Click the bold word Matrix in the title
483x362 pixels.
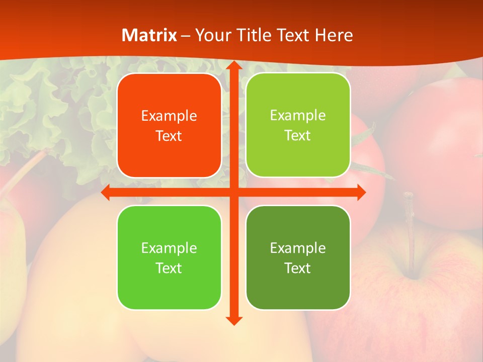coord(149,35)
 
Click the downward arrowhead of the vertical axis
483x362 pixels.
coord(233,320)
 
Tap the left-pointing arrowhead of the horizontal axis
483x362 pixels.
coord(106,193)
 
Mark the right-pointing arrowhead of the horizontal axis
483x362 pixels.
coord(361,193)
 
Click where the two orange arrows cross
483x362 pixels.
coord(233,193)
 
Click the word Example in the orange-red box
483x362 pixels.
coord(169,116)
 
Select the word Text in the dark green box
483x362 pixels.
coord(298,268)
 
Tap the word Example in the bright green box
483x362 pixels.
coord(169,248)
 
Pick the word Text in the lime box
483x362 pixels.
coord(298,136)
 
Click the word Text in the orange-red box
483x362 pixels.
coord(169,136)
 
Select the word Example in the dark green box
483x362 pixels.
coord(298,248)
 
